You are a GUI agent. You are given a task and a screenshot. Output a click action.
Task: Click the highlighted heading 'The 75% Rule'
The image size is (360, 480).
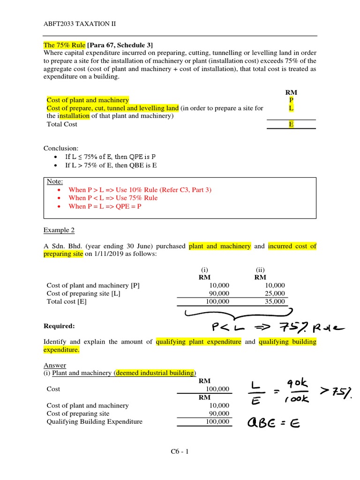(x=64, y=45)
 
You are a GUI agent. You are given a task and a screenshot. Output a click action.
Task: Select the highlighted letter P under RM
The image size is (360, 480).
(x=291, y=100)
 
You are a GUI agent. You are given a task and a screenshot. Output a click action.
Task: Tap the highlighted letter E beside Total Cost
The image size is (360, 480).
(x=291, y=124)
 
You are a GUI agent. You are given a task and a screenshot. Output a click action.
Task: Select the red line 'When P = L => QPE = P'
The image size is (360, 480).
(x=105, y=206)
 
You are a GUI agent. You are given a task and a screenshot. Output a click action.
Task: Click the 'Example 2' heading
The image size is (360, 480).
(x=59, y=230)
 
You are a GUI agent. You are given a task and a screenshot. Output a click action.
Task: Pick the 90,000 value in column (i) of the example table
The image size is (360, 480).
(x=220, y=293)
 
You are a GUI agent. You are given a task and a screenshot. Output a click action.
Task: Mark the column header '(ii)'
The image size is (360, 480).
(x=261, y=270)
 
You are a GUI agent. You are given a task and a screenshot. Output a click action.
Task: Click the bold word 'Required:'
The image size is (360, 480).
(x=59, y=326)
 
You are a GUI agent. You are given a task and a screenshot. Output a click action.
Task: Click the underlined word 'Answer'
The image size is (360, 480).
(x=55, y=365)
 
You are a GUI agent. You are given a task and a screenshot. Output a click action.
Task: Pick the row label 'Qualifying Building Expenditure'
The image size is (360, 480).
(x=95, y=421)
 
